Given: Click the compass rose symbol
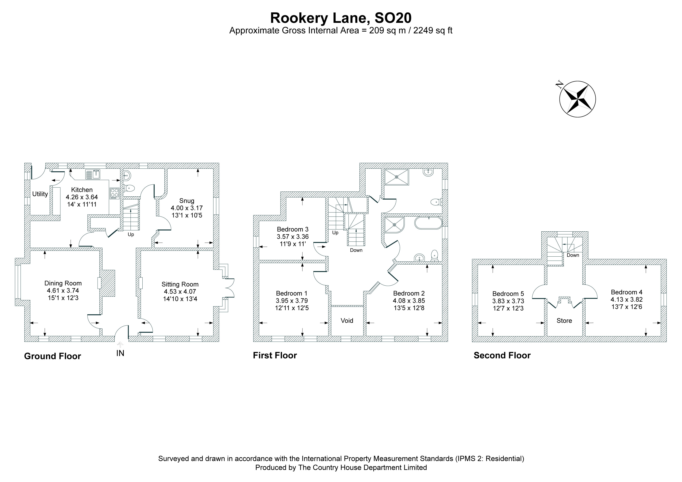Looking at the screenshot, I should (577, 99).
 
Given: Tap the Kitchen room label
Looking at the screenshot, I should (82, 190).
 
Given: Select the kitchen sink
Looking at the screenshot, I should (93, 174).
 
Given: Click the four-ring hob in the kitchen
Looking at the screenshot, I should (114, 193).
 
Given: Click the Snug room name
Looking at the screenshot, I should (187, 201).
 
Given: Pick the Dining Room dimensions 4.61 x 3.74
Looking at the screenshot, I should (63, 291).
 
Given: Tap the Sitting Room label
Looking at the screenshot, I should (180, 284).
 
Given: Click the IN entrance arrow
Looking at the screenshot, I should (120, 345).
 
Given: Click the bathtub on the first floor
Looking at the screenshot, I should (428, 223).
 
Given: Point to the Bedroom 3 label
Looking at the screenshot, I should (293, 229).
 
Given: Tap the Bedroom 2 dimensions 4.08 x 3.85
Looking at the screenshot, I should (409, 301).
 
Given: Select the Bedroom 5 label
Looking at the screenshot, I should (508, 294).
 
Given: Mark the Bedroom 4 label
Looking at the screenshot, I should (627, 292).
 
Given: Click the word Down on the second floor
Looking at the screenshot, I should (573, 255).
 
